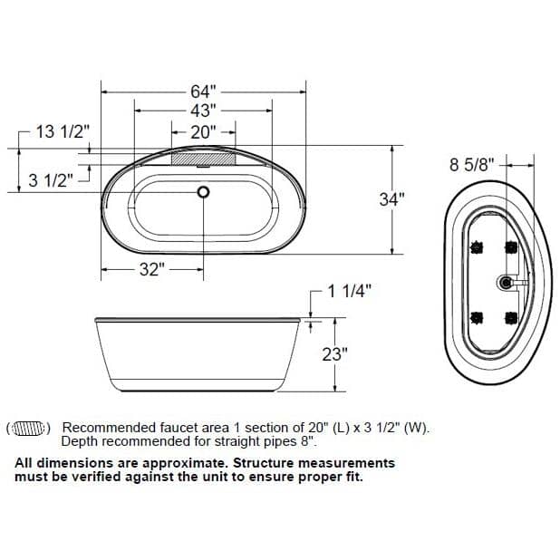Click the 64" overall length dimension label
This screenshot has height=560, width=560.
coord(203,91)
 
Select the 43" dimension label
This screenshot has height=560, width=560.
coord(203,111)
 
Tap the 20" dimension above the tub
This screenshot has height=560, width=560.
coord(203,131)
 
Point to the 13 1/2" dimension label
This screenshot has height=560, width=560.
coord(63,132)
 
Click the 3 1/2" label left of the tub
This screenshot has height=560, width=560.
coord(50,179)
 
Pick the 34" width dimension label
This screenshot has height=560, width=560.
coord(391,200)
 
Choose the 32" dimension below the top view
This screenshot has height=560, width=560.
coord(150,269)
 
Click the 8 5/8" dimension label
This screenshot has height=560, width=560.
coord(471,165)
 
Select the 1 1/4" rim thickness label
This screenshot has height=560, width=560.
coord(350,291)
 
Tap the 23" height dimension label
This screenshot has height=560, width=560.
coord(335,353)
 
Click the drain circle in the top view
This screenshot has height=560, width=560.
coord(203,192)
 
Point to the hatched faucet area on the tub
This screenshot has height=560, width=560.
coord(203,158)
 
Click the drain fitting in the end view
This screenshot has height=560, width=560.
coord(505,283)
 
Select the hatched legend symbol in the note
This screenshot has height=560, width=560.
coord(31,428)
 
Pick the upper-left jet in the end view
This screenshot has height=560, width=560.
coord(476,246)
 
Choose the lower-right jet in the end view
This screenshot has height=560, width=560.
coord(510,317)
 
